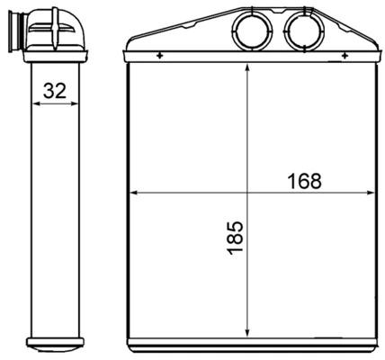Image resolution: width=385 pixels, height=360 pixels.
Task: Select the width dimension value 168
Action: [x=305, y=180]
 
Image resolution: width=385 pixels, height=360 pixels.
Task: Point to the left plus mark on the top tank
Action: [x=160, y=57]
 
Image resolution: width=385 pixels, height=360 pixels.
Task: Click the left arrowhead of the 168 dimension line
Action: [x=136, y=193]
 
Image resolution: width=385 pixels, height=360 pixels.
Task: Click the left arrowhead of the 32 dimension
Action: [x=36, y=103]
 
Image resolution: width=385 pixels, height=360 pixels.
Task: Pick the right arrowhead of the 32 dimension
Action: [x=73, y=103]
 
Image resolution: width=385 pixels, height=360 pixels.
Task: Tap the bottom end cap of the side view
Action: [x=54, y=344]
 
